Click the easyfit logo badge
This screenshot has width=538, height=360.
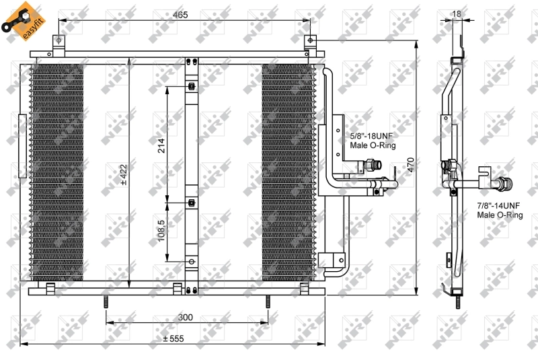(20, 20)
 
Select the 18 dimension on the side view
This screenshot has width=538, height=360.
(457, 12)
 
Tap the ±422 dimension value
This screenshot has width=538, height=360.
(123, 174)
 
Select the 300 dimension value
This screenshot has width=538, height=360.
(186, 317)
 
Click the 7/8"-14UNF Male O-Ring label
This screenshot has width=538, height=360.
(499, 210)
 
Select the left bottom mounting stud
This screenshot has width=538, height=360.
(106, 303)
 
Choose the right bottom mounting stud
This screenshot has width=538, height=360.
(267, 303)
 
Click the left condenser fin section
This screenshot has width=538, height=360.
(56, 172)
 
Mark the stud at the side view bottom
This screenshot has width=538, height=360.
(457, 302)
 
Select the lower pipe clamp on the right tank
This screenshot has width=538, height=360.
(331, 260)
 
